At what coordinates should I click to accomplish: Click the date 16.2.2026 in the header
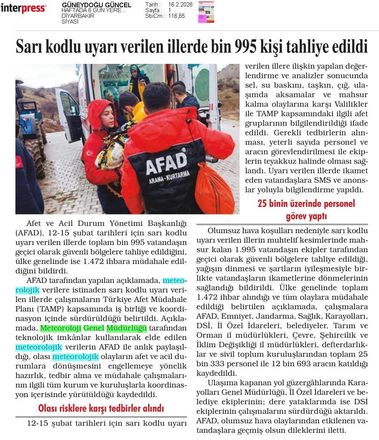(x=180, y=5)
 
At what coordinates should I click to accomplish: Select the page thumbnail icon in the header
(x=206, y=12)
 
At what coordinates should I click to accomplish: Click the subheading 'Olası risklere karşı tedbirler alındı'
(x=101, y=408)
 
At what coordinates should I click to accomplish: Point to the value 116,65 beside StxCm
(x=177, y=16)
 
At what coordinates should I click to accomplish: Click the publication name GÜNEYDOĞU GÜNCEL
(x=96, y=5)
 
